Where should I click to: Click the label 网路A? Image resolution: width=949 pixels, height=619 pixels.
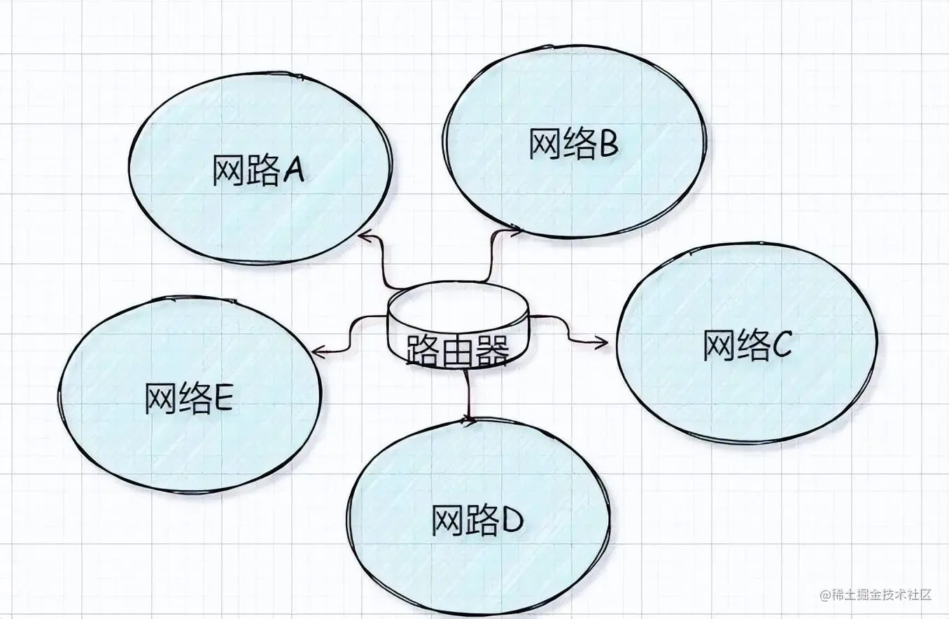pyautogui.click(x=258, y=172)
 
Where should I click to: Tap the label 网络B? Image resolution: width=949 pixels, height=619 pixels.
pyautogui.click(x=573, y=144)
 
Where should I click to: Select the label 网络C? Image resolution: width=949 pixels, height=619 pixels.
pyautogui.click(x=747, y=344)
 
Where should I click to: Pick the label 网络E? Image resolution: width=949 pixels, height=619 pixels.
pyautogui.click(x=189, y=398)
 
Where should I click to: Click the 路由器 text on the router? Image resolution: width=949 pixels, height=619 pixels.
pyautogui.click(x=456, y=349)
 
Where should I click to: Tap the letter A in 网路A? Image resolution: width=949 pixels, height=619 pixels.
pyautogui.click(x=293, y=172)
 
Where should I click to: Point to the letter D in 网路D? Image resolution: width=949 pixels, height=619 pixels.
pyautogui.click(x=512, y=520)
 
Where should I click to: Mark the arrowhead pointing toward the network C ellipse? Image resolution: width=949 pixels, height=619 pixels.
pyautogui.click(x=603, y=342)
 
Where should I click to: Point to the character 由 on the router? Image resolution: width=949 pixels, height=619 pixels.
pyautogui.click(x=456, y=349)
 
